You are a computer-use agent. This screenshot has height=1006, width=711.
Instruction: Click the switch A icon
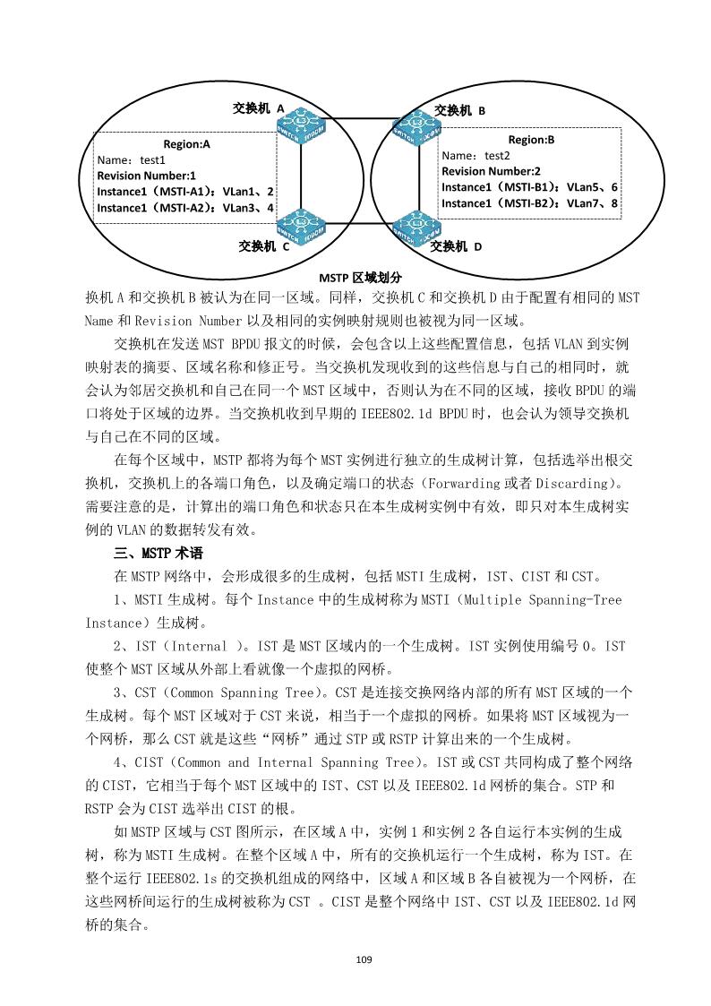(x=301, y=130)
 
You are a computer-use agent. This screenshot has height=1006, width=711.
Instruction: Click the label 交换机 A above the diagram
(x=258, y=107)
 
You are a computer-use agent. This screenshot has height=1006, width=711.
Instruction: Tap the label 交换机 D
(x=457, y=245)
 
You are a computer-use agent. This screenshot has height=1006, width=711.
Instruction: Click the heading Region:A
(x=186, y=143)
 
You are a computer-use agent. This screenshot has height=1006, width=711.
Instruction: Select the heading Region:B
(x=531, y=140)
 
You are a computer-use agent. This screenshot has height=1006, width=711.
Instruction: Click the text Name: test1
(x=132, y=159)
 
